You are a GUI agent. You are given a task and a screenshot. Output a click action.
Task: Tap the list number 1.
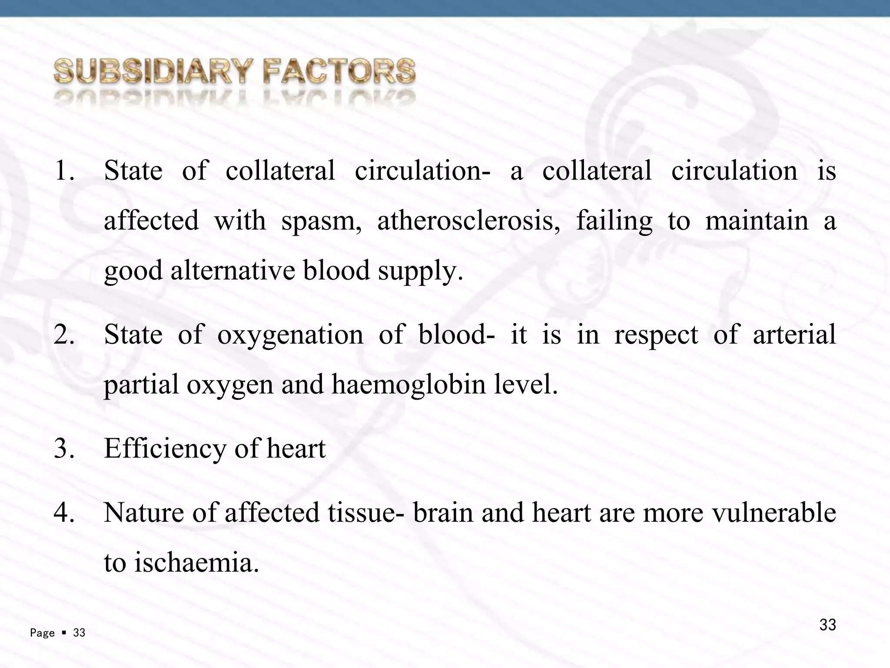click(64, 170)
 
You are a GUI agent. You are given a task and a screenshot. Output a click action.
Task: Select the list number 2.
click(64, 335)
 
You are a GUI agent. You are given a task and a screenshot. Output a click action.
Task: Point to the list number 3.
click(64, 449)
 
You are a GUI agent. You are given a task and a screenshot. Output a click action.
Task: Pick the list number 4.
click(64, 513)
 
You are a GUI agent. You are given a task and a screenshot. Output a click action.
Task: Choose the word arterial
click(794, 335)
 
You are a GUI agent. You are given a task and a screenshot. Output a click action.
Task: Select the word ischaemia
click(196, 563)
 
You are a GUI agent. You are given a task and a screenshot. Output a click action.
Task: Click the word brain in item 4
click(443, 513)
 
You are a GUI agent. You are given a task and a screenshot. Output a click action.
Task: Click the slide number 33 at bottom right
click(827, 625)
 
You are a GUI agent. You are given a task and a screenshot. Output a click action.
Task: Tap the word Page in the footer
click(42, 633)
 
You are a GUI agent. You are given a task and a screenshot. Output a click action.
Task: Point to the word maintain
click(757, 220)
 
